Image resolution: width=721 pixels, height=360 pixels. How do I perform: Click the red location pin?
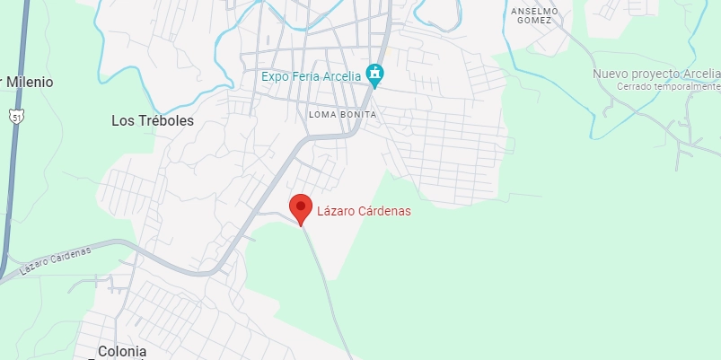click(x=300, y=207)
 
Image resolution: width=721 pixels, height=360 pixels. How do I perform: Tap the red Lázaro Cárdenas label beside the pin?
click(x=351, y=212)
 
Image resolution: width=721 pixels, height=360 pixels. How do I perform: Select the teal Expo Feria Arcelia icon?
click(x=376, y=75)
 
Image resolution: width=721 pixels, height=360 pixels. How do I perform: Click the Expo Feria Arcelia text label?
click(x=311, y=76)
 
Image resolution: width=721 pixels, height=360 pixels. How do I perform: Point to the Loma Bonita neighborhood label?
click(x=342, y=115)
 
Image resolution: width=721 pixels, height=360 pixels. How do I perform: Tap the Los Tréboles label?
click(x=153, y=120)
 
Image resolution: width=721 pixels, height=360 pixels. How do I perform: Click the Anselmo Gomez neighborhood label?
click(x=534, y=16)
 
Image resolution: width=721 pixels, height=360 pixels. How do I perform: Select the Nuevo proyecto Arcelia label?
click(x=656, y=74)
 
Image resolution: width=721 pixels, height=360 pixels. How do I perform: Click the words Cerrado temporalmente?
click(x=669, y=86)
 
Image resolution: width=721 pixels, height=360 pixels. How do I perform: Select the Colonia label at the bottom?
click(x=121, y=351)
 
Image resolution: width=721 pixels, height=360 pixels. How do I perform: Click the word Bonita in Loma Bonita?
click(x=358, y=115)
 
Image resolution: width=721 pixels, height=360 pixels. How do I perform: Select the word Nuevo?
click(x=611, y=74)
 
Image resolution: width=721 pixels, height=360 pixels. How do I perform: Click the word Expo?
click(x=276, y=76)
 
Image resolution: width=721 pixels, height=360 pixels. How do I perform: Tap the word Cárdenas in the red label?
click(x=364, y=212)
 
